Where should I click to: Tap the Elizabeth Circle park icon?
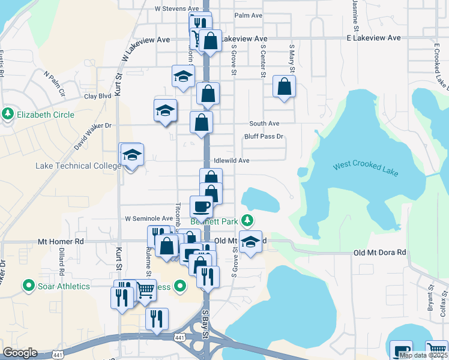click(x=8, y=114)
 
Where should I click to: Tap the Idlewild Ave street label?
click(x=231, y=161)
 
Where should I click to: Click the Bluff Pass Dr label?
click(x=264, y=137)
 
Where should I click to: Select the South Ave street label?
click(x=265, y=124)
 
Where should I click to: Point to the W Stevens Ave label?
click(x=176, y=9)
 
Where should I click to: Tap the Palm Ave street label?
click(x=249, y=15)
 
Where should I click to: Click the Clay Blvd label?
click(x=98, y=96)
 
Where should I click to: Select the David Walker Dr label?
click(x=92, y=136)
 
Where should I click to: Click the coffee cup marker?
click(x=202, y=206)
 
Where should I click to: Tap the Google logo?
click(x=20, y=353)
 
